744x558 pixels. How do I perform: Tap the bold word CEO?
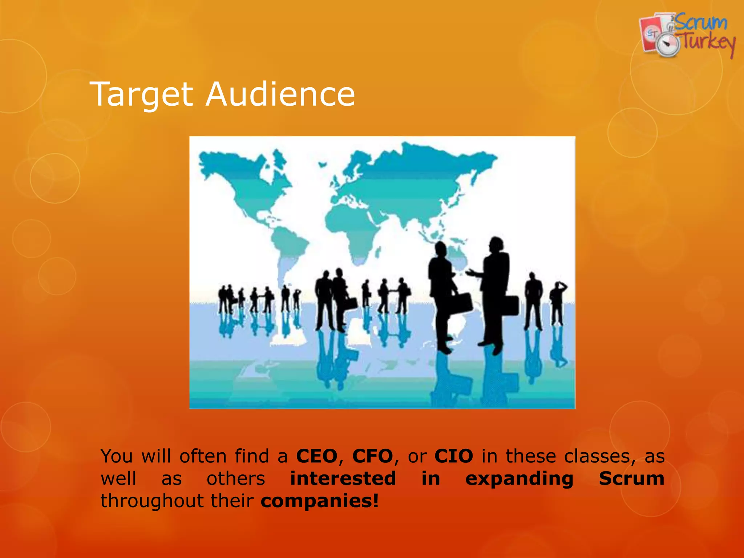317,456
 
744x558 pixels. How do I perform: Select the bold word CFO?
373,456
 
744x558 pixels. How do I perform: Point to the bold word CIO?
454,456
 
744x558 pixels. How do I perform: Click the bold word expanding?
519,479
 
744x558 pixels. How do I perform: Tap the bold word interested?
343,478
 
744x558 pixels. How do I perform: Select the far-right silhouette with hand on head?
557,303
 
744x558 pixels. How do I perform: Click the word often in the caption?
203,456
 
